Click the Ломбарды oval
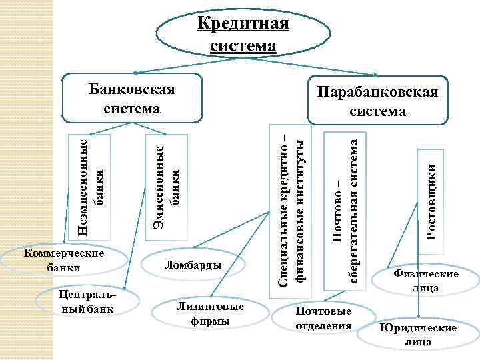tap(193, 266)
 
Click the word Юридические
tap(417, 329)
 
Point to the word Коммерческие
tap(64, 254)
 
